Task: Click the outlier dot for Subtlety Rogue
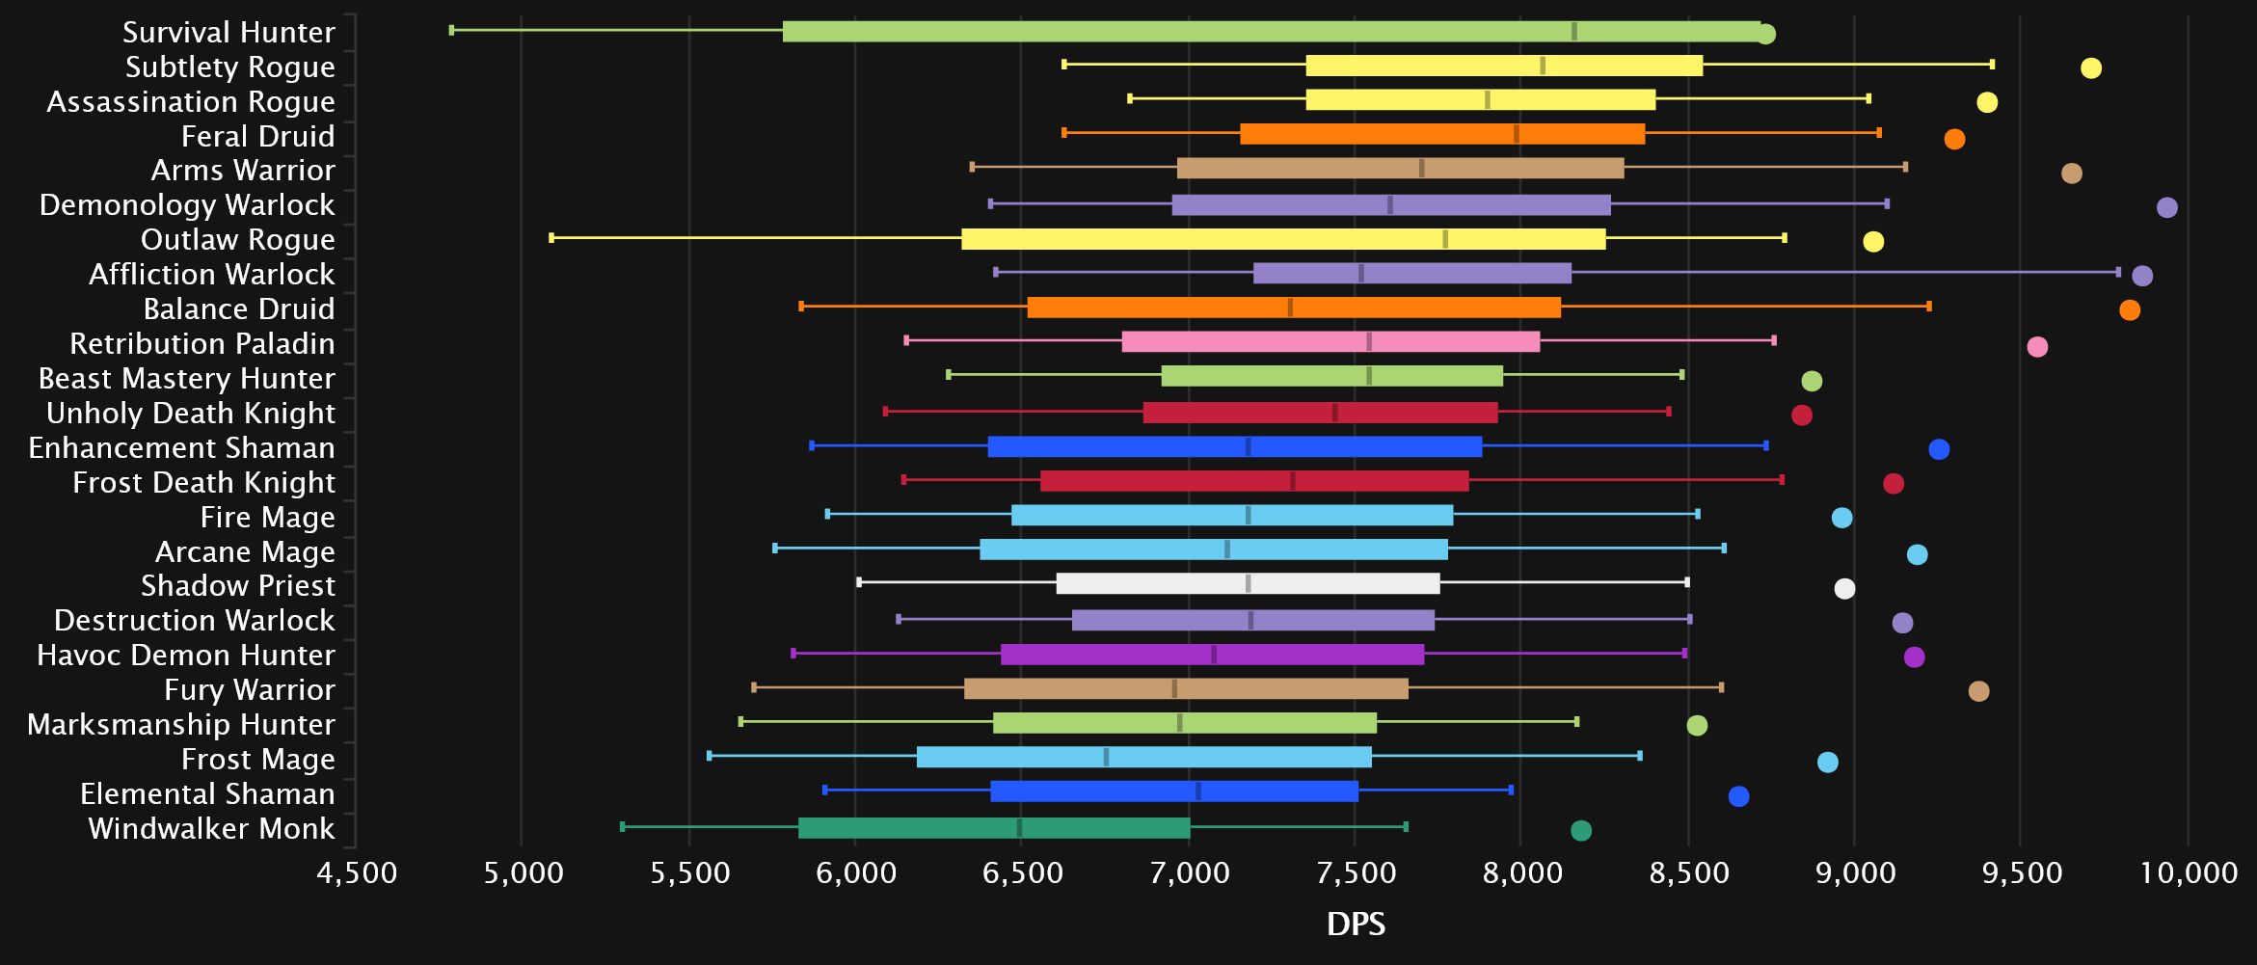pyautogui.click(x=2090, y=68)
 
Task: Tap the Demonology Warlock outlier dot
pyautogui.click(x=2166, y=207)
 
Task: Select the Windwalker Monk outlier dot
pyautogui.click(x=1580, y=831)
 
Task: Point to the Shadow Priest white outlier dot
pyautogui.click(x=1843, y=589)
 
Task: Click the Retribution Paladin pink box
pyautogui.click(x=1330, y=342)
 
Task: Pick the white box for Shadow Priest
pyautogui.click(x=1248, y=584)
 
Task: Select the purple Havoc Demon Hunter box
pyautogui.click(x=1212, y=655)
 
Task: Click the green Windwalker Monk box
pyautogui.click(x=994, y=828)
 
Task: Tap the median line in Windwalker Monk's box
pyautogui.click(x=1019, y=828)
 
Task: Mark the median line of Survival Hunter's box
pyautogui.click(x=1573, y=32)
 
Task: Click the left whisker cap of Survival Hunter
pyautogui.click(x=451, y=31)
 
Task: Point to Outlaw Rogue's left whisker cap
pyautogui.click(x=551, y=238)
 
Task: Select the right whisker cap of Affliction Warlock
pyautogui.click(x=2117, y=273)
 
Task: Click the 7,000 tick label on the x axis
pyautogui.click(x=1189, y=873)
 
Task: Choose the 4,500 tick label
pyautogui.click(x=357, y=873)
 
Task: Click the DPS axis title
pyautogui.click(x=1356, y=925)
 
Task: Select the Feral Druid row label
pyautogui.click(x=257, y=137)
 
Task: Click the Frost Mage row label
pyautogui.click(x=257, y=760)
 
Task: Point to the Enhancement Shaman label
pyautogui.click(x=181, y=448)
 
